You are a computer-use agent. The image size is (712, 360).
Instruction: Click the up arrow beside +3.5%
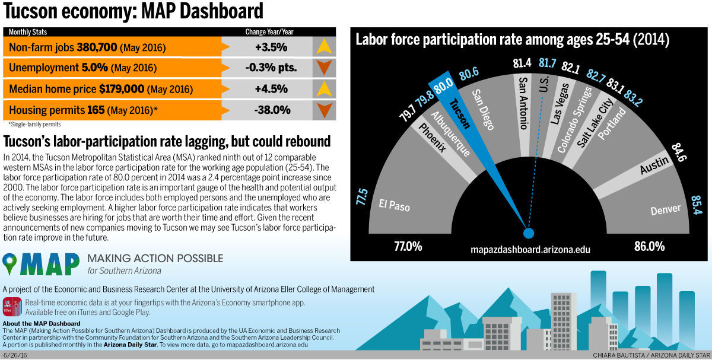point(323,47)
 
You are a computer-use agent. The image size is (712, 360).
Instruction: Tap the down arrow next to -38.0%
point(323,110)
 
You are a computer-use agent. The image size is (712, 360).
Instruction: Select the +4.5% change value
point(271,89)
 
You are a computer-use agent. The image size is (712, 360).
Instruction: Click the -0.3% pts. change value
point(271,68)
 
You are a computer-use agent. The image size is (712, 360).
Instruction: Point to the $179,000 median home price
point(122,89)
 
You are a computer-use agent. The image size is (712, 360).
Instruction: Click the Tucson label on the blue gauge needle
point(459,113)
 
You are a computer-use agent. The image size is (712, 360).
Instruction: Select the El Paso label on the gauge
point(395,205)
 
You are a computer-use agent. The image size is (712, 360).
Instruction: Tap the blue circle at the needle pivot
point(529,232)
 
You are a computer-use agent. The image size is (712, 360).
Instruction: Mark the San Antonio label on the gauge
point(523,102)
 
